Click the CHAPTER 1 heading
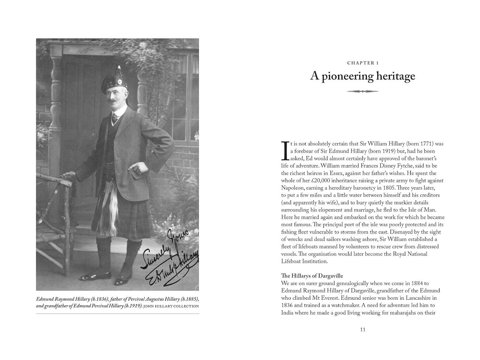[x=363, y=63]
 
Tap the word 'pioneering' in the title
[x=347, y=76]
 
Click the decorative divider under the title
[x=363, y=91]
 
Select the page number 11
[x=363, y=330]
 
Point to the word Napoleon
[x=293, y=188]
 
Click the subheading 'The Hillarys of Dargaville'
[x=312, y=276]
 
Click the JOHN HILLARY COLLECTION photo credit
[x=171, y=306]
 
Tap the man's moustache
[x=113, y=102]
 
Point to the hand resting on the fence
[x=68, y=175]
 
